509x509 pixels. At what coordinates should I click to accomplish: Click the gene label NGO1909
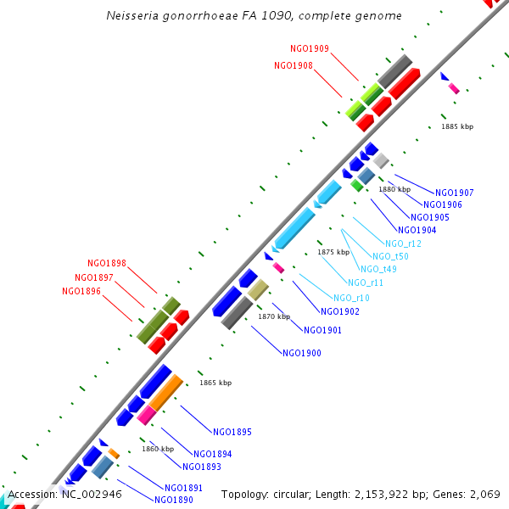[x=310, y=49]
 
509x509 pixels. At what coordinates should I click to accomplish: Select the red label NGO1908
[x=294, y=66]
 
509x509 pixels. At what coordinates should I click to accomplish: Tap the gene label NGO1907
[x=454, y=193]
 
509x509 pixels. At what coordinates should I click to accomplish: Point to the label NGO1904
[x=417, y=231]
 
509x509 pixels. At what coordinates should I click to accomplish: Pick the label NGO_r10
[x=351, y=298]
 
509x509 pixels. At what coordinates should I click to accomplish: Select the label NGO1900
[x=302, y=353]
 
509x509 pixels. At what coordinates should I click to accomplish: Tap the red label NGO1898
[x=107, y=264]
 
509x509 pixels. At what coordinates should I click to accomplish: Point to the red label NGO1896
[x=81, y=292]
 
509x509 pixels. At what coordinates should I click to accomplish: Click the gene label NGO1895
[x=232, y=432]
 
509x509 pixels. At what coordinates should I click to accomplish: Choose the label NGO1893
[x=202, y=467]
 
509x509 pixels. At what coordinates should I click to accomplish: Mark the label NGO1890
[x=174, y=500]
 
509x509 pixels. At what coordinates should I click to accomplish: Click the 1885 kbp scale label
[x=457, y=126]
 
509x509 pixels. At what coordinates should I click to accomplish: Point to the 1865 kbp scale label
[x=215, y=383]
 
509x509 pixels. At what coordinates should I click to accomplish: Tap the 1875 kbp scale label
[x=333, y=252]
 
